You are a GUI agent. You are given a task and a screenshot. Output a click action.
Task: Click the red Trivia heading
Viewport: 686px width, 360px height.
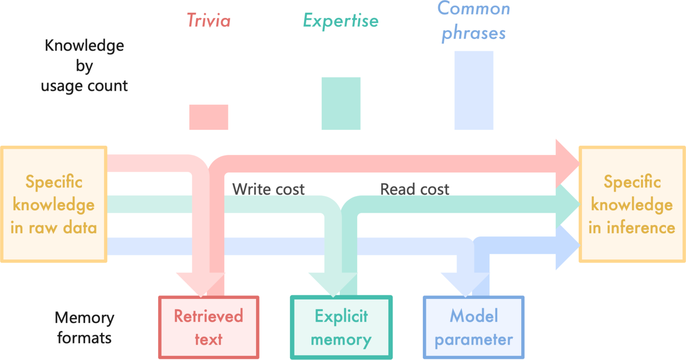pyautogui.click(x=208, y=21)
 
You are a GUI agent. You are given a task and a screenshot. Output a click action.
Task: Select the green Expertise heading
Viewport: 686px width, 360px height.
pyautogui.click(x=341, y=21)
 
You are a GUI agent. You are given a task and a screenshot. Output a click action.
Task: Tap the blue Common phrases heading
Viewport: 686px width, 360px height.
pyautogui.click(x=474, y=21)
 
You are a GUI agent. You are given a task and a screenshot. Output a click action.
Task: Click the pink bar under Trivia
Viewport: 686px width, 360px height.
pyautogui.click(x=208, y=117)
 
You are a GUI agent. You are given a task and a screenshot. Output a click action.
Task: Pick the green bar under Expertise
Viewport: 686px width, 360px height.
pyautogui.click(x=341, y=103)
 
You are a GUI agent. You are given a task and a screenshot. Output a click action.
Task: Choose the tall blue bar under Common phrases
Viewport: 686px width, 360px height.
pyautogui.click(x=474, y=90)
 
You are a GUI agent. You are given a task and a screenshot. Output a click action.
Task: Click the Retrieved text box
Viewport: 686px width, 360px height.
pyautogui.click(x=208, y=327)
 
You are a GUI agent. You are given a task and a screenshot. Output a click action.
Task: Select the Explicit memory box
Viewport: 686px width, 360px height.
pyautogui.click(x=341, y=327)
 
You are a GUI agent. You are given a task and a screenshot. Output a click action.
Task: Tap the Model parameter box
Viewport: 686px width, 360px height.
pyautogui.click(x=474, y=327)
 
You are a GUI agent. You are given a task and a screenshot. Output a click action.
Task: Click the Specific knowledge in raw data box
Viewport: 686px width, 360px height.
pyautogui.click(x=53, y=204)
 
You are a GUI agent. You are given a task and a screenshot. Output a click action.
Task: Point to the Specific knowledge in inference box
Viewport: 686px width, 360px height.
pyautogui.click(x=632, y=204)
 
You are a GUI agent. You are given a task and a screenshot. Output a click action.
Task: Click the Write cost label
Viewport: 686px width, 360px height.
pyautogui.click(x=268, y=189)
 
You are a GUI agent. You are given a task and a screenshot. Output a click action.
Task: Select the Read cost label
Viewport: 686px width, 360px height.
pyautogui.click(x=415, y=189)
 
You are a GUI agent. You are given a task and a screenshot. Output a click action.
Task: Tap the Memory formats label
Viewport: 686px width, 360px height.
pyautogui.click(x=84, y=328)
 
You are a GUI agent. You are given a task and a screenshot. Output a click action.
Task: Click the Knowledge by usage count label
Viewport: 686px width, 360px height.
pyautogui.click(x=84, y=66)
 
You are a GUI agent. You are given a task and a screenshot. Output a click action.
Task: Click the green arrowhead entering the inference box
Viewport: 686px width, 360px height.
pyautogui.click(x=567, y=205)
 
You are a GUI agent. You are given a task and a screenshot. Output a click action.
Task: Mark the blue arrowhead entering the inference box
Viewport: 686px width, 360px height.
pyautogui.click(x=567, y=247)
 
